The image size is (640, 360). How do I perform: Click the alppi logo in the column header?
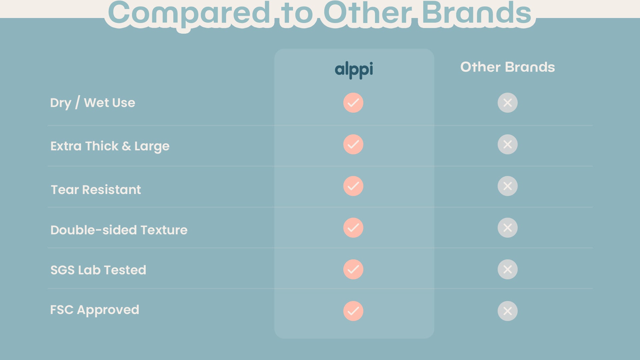(x=354, y=70)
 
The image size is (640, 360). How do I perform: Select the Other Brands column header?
(x=507, y=67)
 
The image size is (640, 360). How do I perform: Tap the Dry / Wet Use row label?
(x=93, y=103)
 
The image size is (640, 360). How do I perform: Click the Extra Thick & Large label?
(x=110, y=146)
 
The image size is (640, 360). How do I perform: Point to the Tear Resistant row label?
(x=96, y=190)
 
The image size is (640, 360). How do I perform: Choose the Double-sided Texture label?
(x=119, y=230)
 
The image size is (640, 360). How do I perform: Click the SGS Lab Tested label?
(x=98, y=270)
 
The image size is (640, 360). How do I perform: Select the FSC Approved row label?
(x=95, y=310)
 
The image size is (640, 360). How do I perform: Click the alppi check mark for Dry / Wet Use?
(x=353, y=103)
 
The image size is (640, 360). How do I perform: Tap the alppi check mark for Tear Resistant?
(x=353, y=186)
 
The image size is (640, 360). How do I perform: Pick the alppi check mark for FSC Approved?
(x=353, y=311)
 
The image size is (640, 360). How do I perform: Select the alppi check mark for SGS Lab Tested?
(x=353, y=269)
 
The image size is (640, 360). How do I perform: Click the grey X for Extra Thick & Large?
(x=508, y=144)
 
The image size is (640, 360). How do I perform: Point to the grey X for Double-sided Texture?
(x=508, y=228)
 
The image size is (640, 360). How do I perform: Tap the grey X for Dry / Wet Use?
(x=508, y=103)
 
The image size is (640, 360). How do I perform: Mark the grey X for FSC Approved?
(x=508, y=311)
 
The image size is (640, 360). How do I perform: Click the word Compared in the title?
(x=189, y=14)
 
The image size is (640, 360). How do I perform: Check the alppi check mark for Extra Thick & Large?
(x=353, y=144)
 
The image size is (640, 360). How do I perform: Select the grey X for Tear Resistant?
(x=508, y=186)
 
